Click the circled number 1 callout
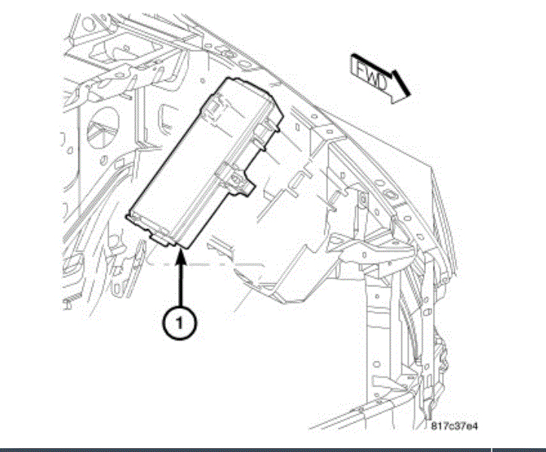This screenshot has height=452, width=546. coord(178,322)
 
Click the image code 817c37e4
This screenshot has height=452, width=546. coord(455,426)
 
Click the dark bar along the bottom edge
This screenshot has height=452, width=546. coord(273,450)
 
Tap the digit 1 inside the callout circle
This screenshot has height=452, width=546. coord(178,322)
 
